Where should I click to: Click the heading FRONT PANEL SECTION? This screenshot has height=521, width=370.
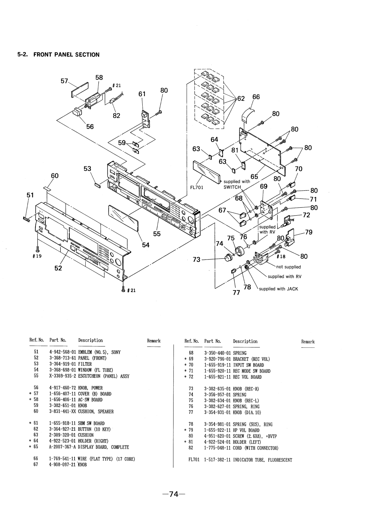pyautogui.click(x=58, y=55)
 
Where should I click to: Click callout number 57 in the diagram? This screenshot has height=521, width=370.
pyautogui.click(x=64, y=80)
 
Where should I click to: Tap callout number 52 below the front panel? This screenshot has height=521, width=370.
pyautogui.click(x=58, y=268)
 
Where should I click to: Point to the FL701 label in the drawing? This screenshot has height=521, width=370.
pyautogui.click(x=197, y=187)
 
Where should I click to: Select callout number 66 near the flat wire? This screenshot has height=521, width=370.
pyautogui.click(x=256, y=97)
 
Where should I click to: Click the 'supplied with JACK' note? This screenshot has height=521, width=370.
pyautogui.click(x=278, y=289)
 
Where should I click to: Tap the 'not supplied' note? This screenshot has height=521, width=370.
pyautogui.click(x=289, y=267)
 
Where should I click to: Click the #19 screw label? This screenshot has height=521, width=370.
pyautogui.click(x=37, y=256)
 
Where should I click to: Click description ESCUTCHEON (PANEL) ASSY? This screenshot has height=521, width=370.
pyautogui.click(x=104, y=376)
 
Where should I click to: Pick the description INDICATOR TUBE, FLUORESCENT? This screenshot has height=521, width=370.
pyautogui.click(x=263, y=460)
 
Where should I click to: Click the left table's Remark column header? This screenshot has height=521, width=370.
pyautogui.click(x=154, y=341)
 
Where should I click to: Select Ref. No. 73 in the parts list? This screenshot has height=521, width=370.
pyautogui.click(x=191, y=389)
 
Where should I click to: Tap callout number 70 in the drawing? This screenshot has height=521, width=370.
pyautogui.click(x=298, y=169)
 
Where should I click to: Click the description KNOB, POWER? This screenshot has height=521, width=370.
pyautogui.click(x=90, y=388)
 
